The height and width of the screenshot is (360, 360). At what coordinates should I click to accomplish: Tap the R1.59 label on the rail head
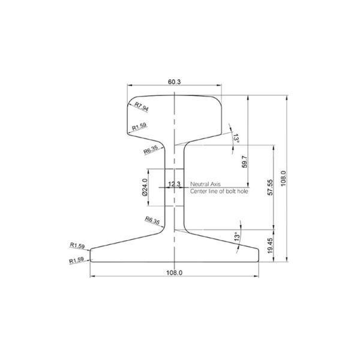pyautogui.click(x=139, y=127)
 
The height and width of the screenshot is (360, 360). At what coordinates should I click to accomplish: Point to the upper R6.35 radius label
pyautogui.click(x=151, y=149)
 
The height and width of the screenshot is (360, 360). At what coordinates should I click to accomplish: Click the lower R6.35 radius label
pyautogui.click(x=153, y=221)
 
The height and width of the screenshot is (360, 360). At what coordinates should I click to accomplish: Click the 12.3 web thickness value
pyautogui.click(x=175, y=184)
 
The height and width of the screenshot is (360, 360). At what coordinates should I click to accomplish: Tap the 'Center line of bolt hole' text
pyautogui.click(x=218, y=191)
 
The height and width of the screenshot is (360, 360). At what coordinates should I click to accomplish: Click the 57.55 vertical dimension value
pyautogui.click(x=271, y=187)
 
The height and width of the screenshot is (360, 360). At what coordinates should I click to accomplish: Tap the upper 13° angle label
pyautogui.click(x=236, y=139)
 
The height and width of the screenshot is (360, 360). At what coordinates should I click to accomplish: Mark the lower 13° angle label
pyautogui.click(x=237, y=237)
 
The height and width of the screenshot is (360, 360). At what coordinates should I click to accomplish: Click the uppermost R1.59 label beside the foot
pyautogui.click(x=77, y=245)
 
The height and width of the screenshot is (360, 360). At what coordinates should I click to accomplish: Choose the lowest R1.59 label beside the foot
pyautogui.click(x=77, y=260)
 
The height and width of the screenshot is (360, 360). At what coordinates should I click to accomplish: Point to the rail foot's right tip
pyautogui.click(x=259, y=255)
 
